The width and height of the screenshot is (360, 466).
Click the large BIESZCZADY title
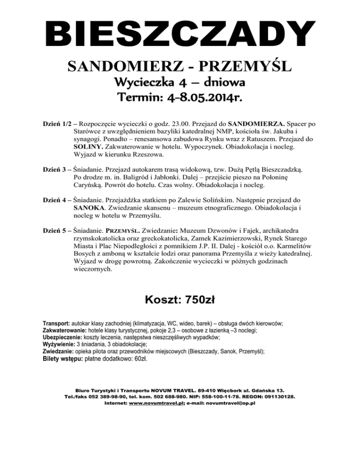pyautogui.click(x=180, y=37)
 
